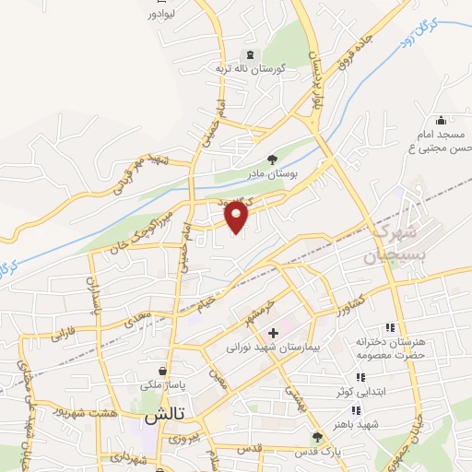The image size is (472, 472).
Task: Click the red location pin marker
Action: pos(237,217)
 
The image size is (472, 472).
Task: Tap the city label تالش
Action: pos(162,416)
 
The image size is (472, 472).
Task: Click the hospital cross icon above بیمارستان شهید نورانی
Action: pos(273,332)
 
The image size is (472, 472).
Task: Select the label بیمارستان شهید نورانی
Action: pos(272,348)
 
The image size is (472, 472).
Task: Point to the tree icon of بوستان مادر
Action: pos(271,158)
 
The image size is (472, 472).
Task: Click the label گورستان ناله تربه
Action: pos(251,68)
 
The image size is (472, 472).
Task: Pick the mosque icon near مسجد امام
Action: pos(442,120)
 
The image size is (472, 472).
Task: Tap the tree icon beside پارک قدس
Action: pos(318,437)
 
